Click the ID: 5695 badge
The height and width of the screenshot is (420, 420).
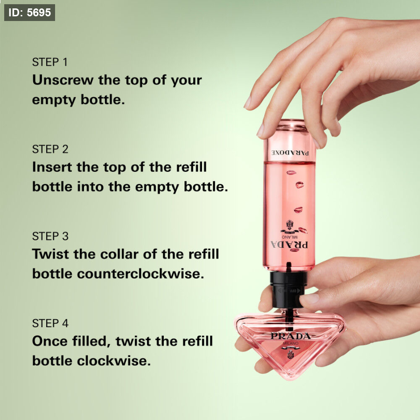[29, 13]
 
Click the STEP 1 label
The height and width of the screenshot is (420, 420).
[50, 62]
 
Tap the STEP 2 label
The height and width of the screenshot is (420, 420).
[50, 149]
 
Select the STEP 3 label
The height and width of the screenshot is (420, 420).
[50, 236]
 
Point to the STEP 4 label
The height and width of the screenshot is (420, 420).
[50, 323]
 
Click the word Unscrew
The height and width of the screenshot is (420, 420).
[63, 80]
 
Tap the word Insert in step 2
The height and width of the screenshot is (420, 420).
[52, 167]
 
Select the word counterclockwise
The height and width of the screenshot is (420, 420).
[140, 274]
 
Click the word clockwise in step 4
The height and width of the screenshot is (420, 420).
[114, 361]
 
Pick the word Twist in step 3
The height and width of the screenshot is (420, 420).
[50, 254]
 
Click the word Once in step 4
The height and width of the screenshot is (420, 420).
[50, 341]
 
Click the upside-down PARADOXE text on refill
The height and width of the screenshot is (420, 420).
[290, 153]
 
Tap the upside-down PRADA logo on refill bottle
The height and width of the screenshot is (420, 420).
[289, 245]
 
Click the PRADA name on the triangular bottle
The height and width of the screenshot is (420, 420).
[291, 336]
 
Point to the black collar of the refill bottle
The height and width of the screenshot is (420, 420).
[289, 289]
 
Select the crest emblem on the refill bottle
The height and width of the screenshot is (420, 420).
[289, 224]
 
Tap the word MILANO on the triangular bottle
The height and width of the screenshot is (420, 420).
[291, 343]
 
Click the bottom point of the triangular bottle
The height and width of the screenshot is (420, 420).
[290, 379]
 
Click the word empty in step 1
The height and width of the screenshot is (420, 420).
[54, 100]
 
